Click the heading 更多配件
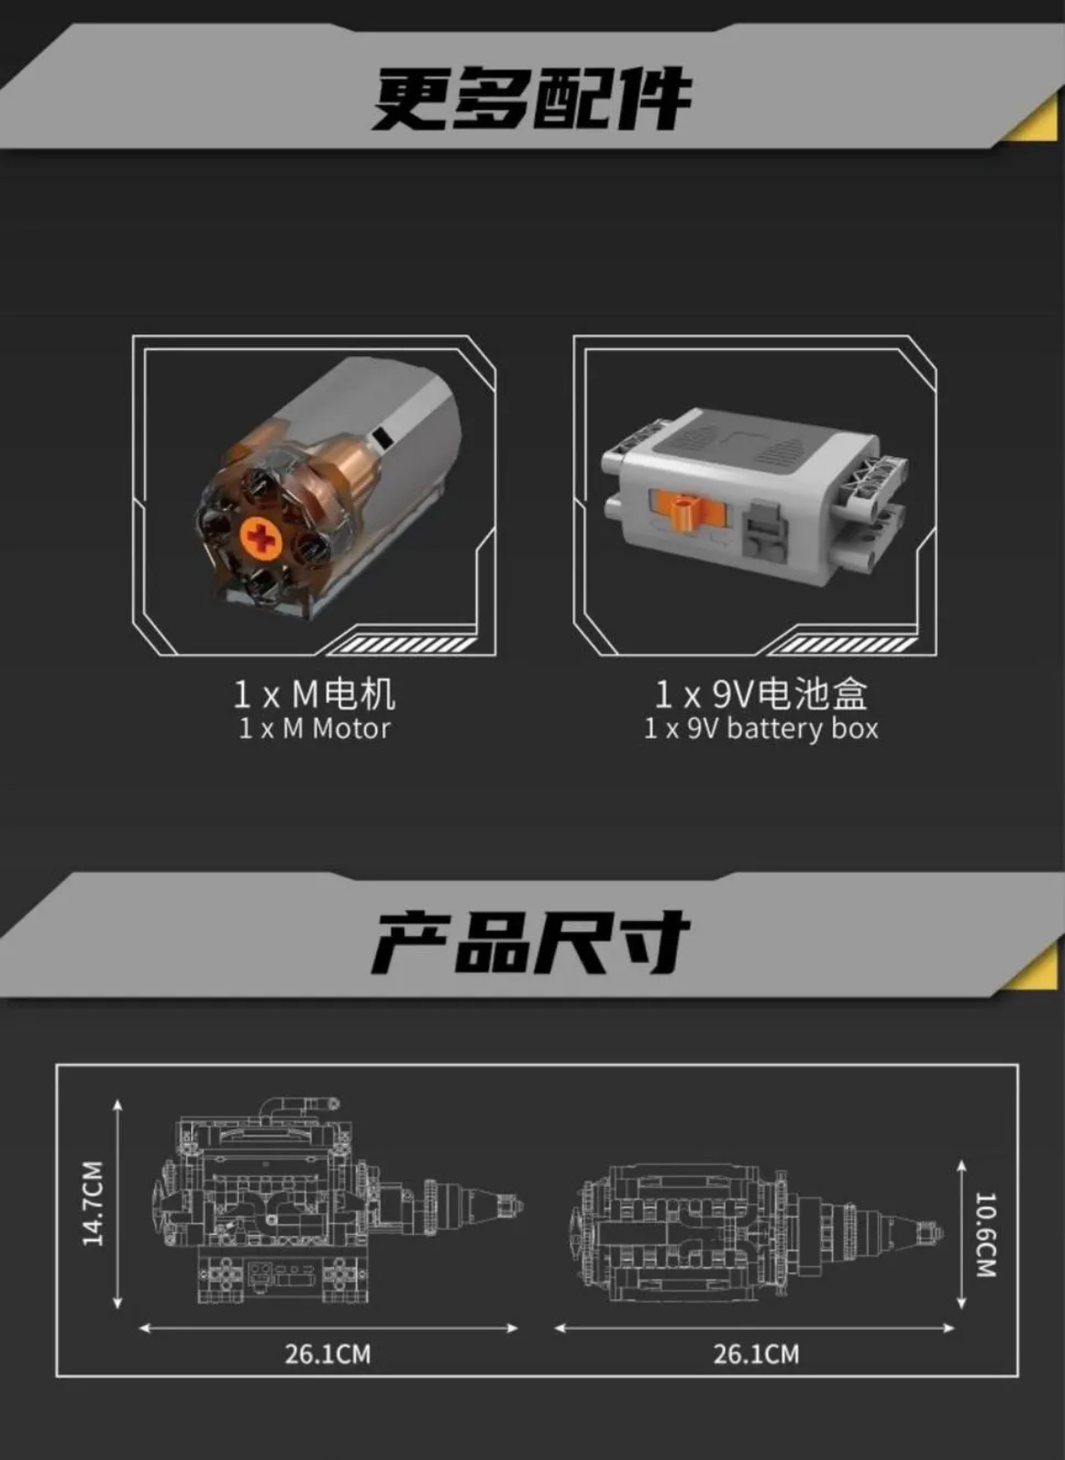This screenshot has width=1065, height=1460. coord(532,98)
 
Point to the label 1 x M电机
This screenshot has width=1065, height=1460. coord(314,694)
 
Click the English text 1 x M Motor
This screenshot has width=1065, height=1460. coord(314,729)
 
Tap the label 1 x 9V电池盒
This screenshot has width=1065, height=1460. coord(761,694)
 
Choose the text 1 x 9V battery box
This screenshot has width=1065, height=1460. coord(761,729)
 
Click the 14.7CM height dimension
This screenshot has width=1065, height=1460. coord(93,1202)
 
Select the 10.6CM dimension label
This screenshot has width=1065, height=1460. coord(987,1234)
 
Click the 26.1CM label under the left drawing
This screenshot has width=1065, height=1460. coord(328,1354)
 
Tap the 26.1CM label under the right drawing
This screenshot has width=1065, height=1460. coord(756,1354)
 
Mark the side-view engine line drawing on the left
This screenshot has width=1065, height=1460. coord(337,1202)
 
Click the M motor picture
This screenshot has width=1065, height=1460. coord(328,492)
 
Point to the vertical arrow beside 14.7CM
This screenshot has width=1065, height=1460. coord(117,1202)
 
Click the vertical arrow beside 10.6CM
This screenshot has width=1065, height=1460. coord(961,1234)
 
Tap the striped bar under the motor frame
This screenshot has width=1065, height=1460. coord(401,646)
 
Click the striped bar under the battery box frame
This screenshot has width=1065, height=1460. coord(842,646)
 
